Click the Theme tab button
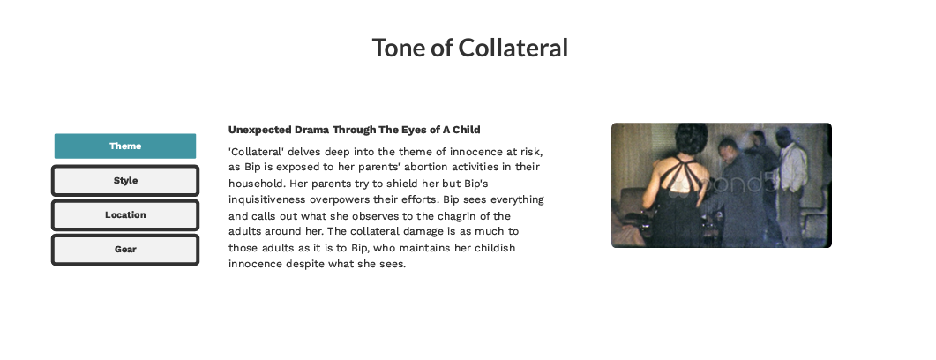[x=125, y=146]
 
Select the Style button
[x=125, y=181]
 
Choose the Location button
[x=125, y=215]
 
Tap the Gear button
[x=125, y=250]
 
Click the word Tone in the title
[x=398, y=48]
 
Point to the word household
[x=258, y=184]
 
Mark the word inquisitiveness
[x=267, y=200]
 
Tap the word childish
[x=495, y=248]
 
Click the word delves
[x=303, y=152]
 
